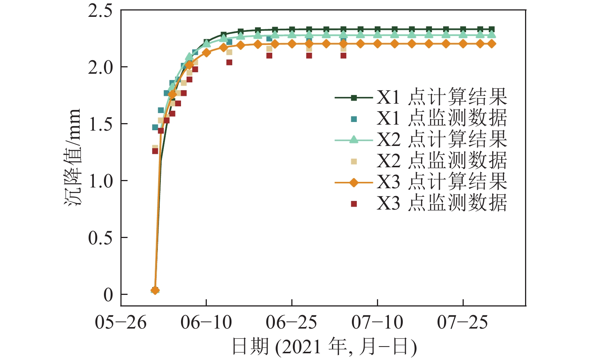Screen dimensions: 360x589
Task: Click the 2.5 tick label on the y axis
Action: tap(100, 11)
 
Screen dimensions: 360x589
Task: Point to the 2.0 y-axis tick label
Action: tap(100, 67)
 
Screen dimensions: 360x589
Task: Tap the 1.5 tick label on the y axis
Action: tap(100, 124)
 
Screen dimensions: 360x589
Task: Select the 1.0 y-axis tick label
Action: tap(100, 181)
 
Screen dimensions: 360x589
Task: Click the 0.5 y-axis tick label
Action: tap(100, 238)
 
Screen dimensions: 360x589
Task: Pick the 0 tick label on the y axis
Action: tap(108, 295)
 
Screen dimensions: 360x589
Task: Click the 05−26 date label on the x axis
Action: tap(120, 322)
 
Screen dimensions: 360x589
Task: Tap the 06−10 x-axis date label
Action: tap(206, 322)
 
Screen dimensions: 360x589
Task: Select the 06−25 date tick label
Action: tap(292, 322)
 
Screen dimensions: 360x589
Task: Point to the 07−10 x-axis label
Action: tap(377, 322)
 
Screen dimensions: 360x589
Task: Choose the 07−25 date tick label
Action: tap(463, 322)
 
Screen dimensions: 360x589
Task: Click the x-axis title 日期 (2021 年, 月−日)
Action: tap(324, 347)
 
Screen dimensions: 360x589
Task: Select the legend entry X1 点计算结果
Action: tap(441, 98)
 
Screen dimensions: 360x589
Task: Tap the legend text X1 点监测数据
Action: tap(441, 119)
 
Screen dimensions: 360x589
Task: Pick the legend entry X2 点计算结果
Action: tap(441, 140)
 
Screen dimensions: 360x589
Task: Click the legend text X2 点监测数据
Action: tap(441, 161)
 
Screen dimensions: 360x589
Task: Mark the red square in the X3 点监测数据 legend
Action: tap(354, 204)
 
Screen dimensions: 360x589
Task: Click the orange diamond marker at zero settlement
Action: tap(155, 290)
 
